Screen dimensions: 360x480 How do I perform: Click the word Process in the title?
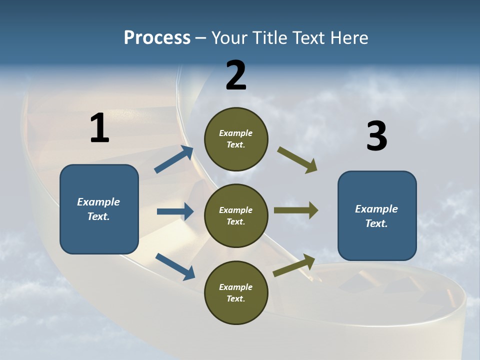coord(157,37)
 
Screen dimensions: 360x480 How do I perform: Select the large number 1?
coord(99,128)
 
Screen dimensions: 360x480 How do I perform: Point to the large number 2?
coord(236,75)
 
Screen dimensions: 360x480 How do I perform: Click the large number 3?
coord(377,136)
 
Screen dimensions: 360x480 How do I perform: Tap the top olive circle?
coord(236,139)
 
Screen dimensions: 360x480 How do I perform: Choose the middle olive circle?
coord(236,215)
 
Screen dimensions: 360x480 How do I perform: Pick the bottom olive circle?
coord(236,292)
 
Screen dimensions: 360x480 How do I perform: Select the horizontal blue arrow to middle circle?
coord(175,211)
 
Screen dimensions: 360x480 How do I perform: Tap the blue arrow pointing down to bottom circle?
coord(175,266)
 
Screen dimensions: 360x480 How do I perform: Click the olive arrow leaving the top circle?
coord(297,160)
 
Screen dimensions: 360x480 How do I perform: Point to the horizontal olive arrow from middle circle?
coord(296,210)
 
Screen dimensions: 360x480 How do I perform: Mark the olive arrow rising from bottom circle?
coord(294,265)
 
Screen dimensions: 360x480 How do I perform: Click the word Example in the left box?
coord(98,202)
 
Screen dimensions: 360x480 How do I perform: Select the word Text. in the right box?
coord(376,223)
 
